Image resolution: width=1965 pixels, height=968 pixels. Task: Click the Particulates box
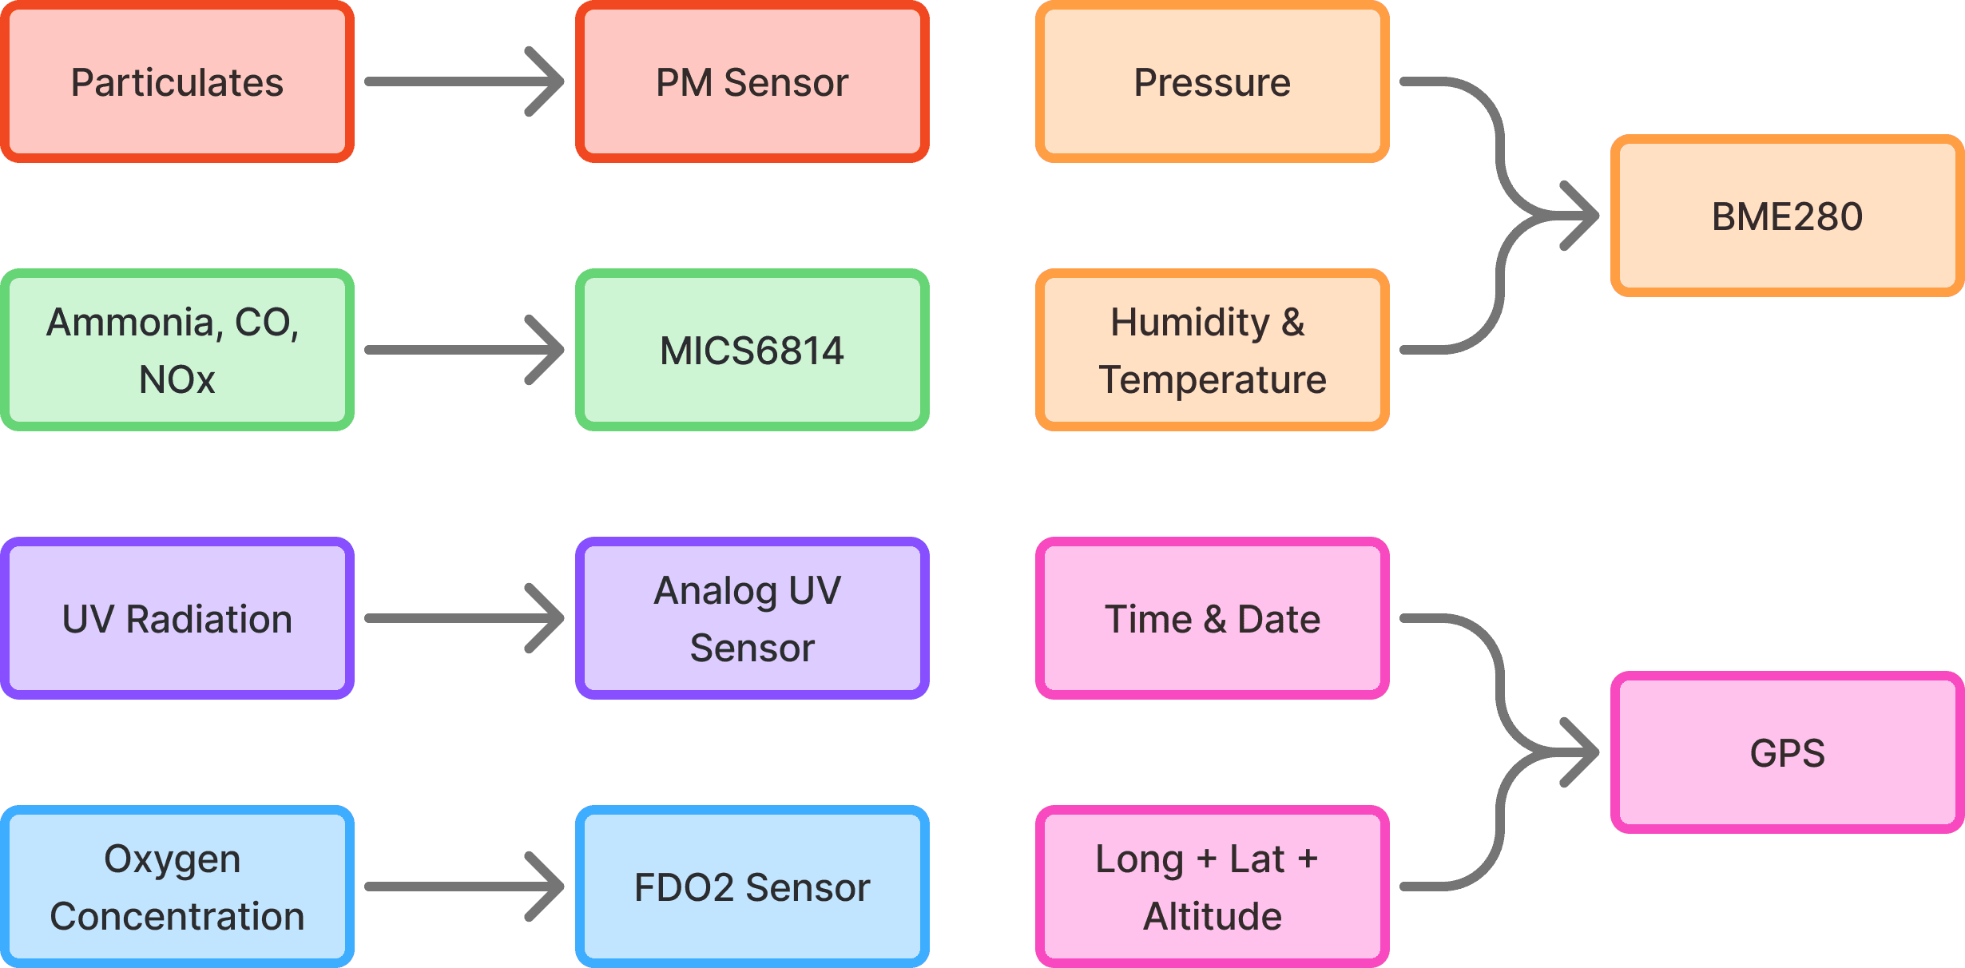pos(177,81)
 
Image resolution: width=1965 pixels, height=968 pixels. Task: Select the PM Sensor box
pos(752,81)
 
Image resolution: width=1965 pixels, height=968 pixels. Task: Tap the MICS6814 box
pos(752,350)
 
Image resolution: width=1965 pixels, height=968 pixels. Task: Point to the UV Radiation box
pos(177,618)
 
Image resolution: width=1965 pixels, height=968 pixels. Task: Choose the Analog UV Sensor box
pos(752,618)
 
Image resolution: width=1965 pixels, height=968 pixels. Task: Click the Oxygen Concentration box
pos(177,887)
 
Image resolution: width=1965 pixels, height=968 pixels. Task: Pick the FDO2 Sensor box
pos(752,887)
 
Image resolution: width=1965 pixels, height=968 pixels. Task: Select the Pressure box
pos(1212,81)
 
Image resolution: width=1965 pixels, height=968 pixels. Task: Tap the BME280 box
pos(1787,216)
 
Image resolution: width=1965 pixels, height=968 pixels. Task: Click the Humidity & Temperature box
pos(1212,350)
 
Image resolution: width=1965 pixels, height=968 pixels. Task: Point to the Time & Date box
pos(1212,618)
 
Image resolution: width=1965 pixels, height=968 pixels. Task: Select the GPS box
pos(1787,752)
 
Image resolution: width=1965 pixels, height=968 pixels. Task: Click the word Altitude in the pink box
pos(1212,916)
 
